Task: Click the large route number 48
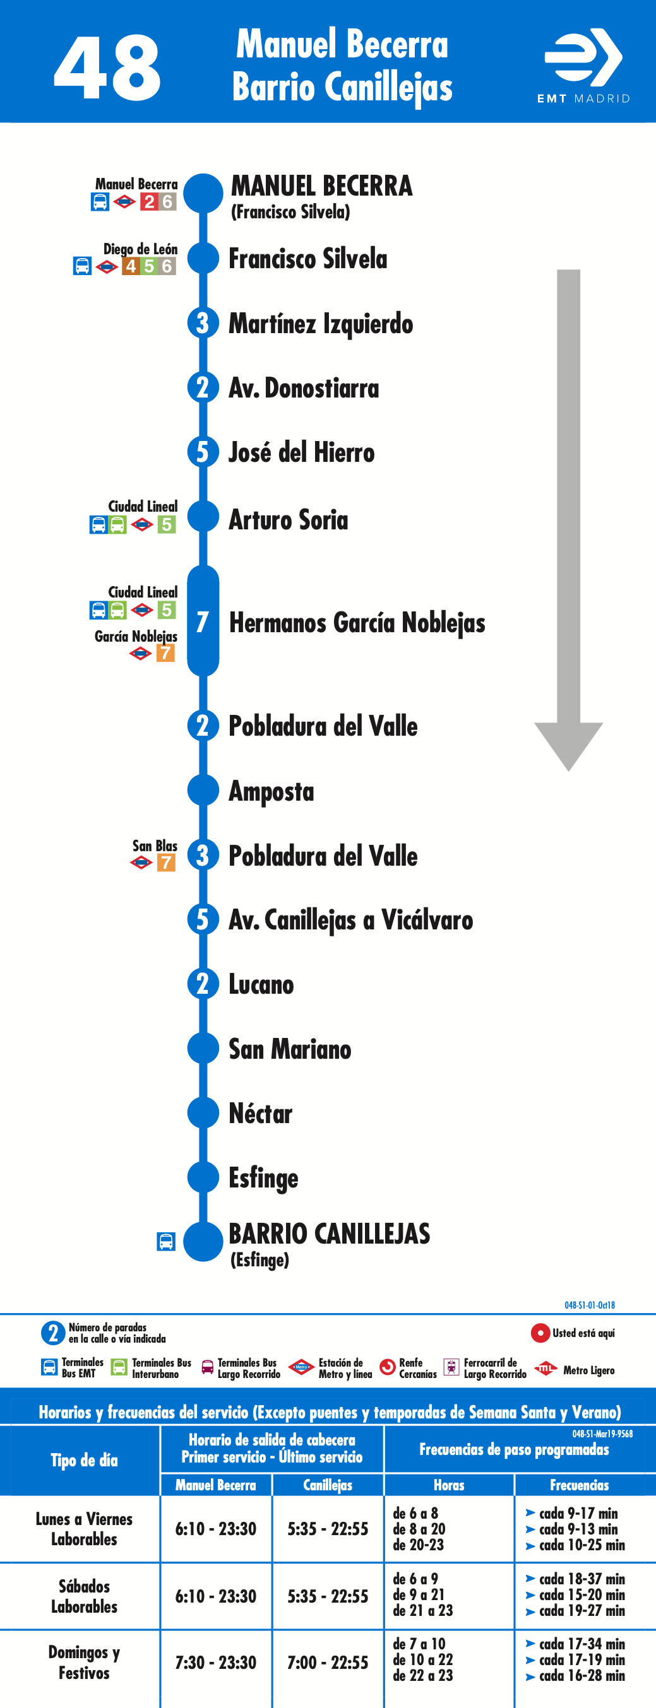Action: [x=107, y=68]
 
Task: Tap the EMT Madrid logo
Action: [x=583, y=66]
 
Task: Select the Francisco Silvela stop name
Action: [x=307, y=259]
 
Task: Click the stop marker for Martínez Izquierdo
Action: [x=203, y=323]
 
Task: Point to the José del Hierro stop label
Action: [x=301, y=452]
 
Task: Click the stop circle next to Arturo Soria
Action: [x=203, y=517]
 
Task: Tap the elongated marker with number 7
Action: [x=203, y=621]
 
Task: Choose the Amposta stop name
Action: [x=271, y=791]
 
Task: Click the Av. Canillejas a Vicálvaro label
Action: [x=351, y=920]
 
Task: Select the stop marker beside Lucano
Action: [x=203, y=983]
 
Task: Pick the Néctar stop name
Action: [x=261, y=1113]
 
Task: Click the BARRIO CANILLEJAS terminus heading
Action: [x=330, y=1234]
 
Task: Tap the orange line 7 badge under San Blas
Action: [x=166, y=863]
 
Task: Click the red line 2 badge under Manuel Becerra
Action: [x=149, y=201]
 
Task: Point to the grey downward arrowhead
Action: [x=568, y=746]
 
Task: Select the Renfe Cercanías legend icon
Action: [x=388, y=1367]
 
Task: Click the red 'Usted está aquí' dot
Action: [x=540, y=1333]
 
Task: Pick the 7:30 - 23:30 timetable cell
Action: [x=215, y=1662]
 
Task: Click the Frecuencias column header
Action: [x=579, y=1485]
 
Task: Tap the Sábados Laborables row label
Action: [x=84, y=1596]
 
